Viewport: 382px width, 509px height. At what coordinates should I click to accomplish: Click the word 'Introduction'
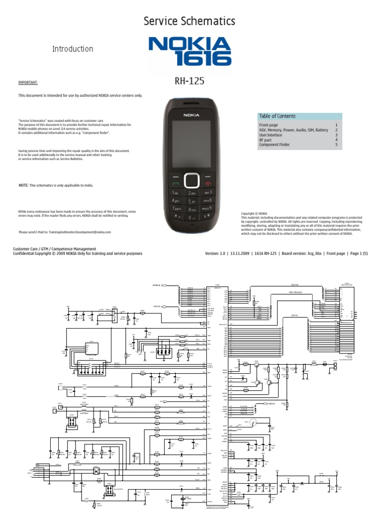[73, 49]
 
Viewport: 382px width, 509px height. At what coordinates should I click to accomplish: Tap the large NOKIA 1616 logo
[190, 52]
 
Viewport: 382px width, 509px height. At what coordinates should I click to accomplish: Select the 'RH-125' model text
[189, 82]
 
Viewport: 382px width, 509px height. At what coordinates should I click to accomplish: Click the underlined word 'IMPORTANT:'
[28, 83]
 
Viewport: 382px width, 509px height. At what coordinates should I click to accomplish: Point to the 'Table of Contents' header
[277, 116]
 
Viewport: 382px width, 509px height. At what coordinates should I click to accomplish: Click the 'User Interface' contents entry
[271, 135]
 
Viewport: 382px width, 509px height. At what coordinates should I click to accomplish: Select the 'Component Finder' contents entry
[275, 145]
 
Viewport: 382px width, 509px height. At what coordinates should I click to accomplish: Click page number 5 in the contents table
[336, 145]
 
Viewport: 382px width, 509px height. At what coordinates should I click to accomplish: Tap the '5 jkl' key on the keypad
[191, 201]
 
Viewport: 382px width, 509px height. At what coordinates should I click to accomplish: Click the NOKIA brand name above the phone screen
[191, 114]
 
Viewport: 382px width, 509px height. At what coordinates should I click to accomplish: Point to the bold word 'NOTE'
[23, 185]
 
